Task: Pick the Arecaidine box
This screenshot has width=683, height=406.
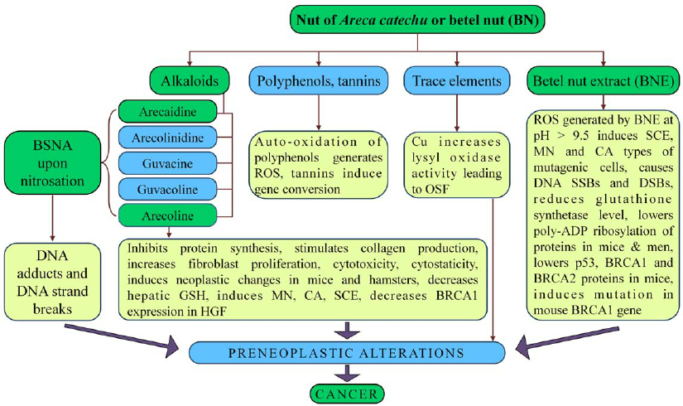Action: (x=168, y=110)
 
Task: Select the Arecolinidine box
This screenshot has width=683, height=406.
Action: (x=168, y=136)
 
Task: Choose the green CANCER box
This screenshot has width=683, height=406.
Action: (x=348, y=394)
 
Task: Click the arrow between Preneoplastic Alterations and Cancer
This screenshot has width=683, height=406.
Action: (x=348, y=374)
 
